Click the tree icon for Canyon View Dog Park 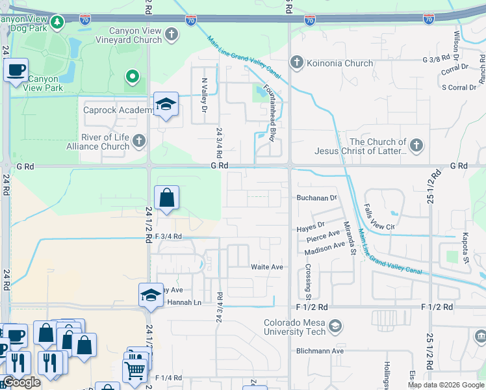point(57,23)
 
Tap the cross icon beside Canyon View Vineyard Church point(172,34)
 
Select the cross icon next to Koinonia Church point(296,63)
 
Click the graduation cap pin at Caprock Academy point(166,105)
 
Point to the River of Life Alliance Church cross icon point(138,140)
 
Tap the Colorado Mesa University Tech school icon point(335,326)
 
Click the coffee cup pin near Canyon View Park point(16,69)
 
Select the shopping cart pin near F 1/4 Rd point(134,370)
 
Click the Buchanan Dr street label point(318,197)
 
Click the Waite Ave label point(267,267)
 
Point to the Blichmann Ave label point(320,351)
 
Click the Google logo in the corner point(21,382)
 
